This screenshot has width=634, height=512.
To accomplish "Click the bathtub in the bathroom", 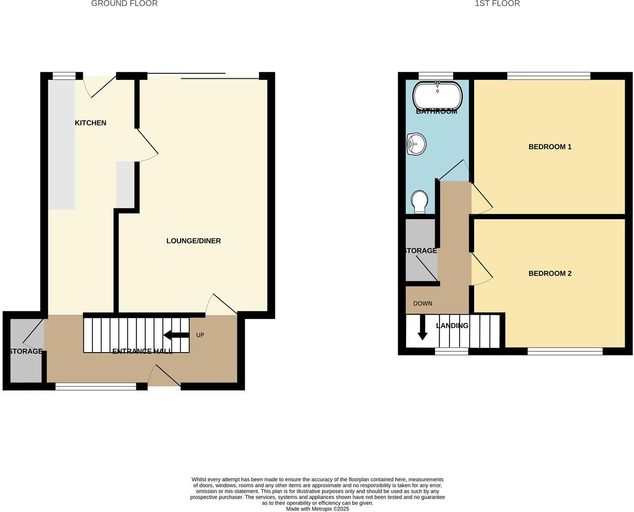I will tap(437, 96).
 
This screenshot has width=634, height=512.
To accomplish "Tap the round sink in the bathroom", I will tap(416, 144).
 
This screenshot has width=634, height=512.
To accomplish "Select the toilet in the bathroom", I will tap(419, 202).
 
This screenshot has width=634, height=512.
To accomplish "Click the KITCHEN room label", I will tap(91, 123).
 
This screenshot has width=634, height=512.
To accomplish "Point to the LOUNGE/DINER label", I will tap(193, 241).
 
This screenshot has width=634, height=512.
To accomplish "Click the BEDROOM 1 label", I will tap(550, 147).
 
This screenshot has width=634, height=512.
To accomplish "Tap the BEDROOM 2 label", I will tap(550, 273).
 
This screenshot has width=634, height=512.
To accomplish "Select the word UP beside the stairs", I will tap(200, 335).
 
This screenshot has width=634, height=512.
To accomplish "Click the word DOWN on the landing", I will tap(422, 303).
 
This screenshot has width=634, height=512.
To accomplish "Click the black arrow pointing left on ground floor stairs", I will tap(176, 335).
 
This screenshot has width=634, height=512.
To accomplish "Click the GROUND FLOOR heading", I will tap(125, 3).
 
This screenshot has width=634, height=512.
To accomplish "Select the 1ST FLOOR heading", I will tap(497, 3).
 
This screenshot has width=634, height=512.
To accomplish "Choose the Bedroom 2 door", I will tap(481, 269).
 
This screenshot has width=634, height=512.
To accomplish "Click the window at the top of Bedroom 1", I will tap(548, 76).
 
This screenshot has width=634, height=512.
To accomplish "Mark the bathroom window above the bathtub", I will tap(436, 76).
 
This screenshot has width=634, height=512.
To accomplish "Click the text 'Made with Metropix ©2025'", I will tap(317, 509).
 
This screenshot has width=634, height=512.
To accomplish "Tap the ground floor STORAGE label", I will tap(26, 352).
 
